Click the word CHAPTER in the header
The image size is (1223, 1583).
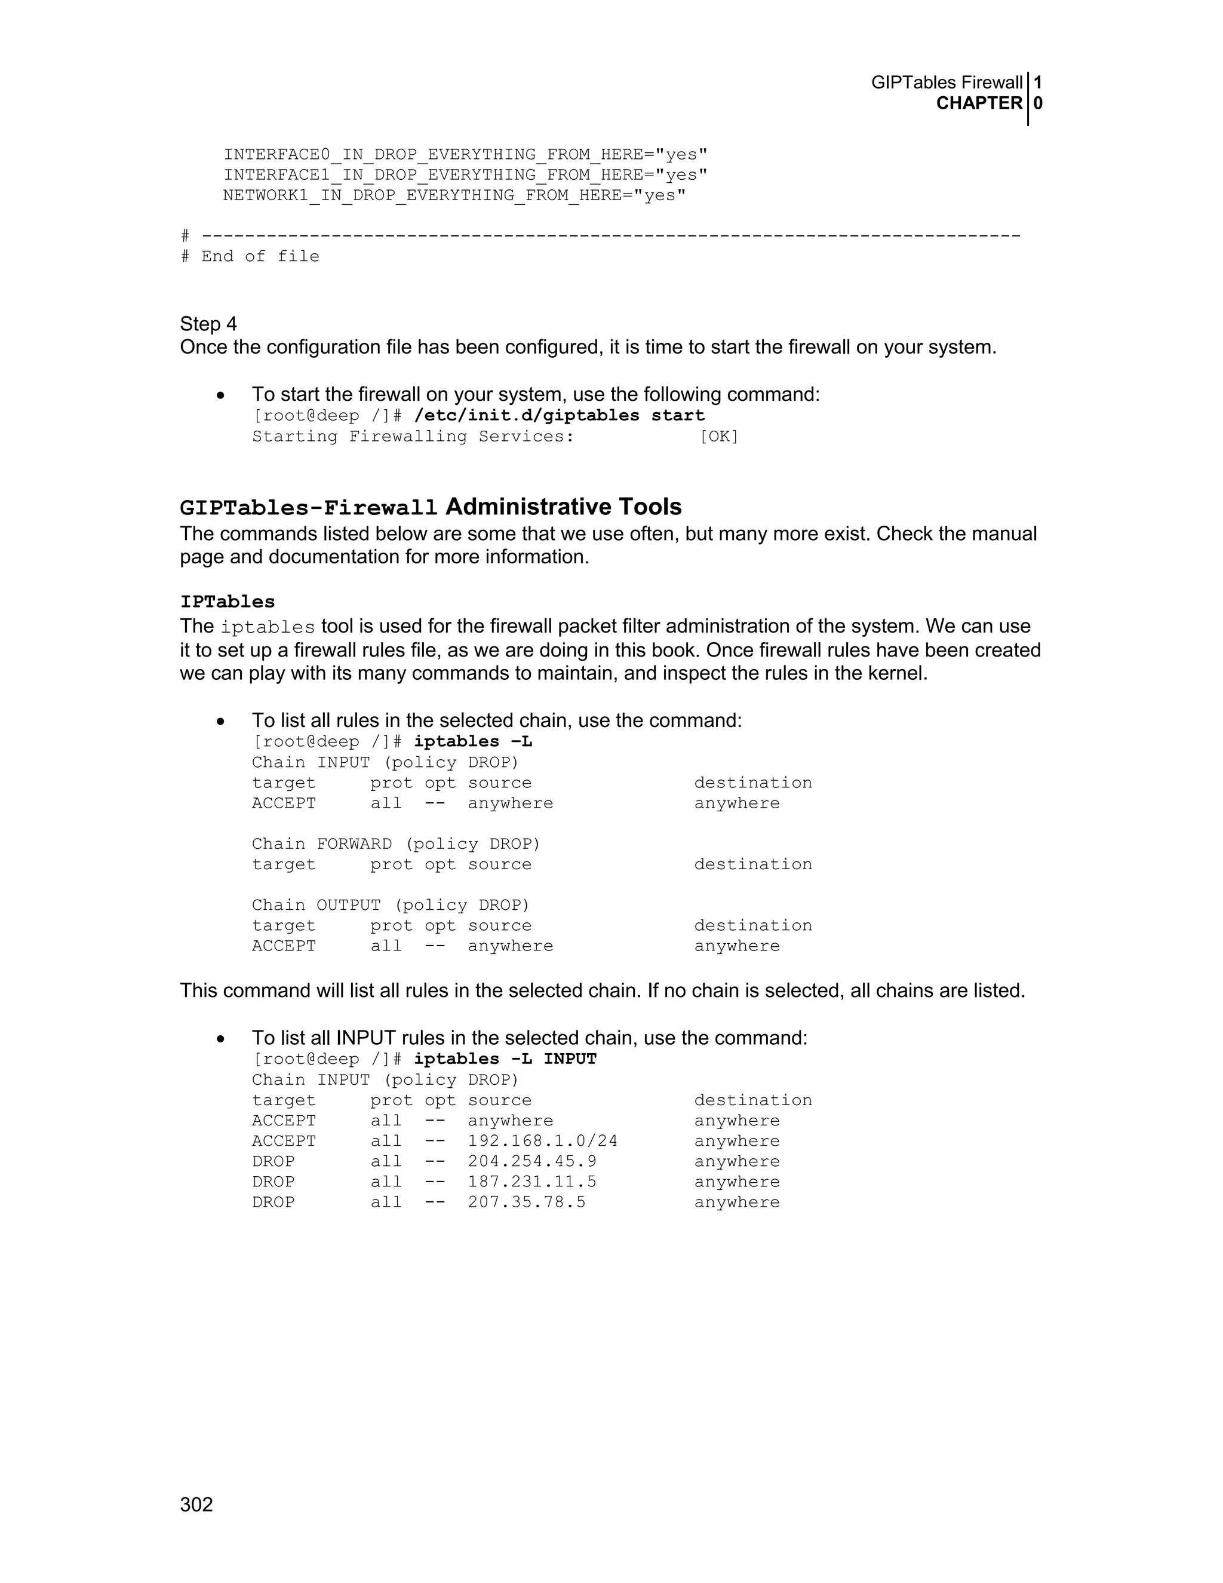[x=979, y=104]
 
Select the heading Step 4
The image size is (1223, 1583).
[x=208, y=324]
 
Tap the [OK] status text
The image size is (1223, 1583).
[x=719, y=436]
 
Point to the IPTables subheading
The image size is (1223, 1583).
[x=228, y=602]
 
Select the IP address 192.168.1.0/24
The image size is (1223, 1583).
[x=543, y=1141]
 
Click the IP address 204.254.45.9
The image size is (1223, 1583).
[x=532, y=1161]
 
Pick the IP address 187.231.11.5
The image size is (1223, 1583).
[x=532, y=1182]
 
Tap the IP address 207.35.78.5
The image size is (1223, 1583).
[x=527, y=1202]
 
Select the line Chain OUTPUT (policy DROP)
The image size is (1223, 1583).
[x=391, y=905]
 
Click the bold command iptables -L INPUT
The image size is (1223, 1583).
[x=505, y=1059]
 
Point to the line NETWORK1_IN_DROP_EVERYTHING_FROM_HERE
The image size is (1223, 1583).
[x=454, y=196]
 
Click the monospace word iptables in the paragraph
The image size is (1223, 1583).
[x=268, y=628]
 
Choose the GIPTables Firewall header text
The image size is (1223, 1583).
[x=947, y=82]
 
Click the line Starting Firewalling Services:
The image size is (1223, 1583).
[x=413, y=436]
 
